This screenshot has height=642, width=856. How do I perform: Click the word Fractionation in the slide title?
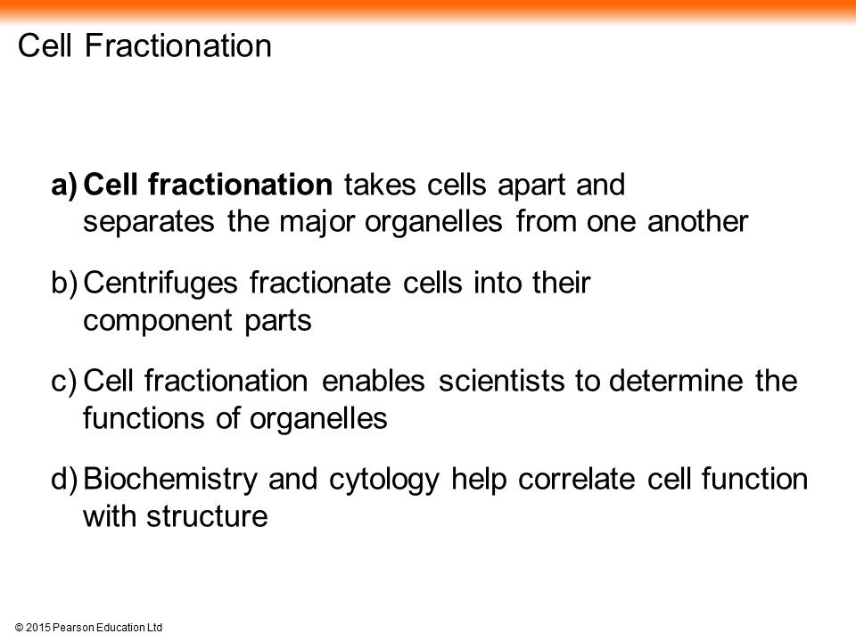(x=178, y=45)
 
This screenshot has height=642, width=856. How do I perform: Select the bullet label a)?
(x=64, y=185)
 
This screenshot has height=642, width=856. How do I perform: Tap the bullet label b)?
(x=64, y=284)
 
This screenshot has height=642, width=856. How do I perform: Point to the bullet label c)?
(x=64, y=381)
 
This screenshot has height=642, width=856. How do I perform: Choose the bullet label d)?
(x=64, y=480)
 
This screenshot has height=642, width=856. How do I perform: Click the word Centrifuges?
(x=160, y=284)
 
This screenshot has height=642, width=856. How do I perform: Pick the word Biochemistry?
(x=170, y=480)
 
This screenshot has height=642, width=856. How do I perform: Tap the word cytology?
(x=383, y=481)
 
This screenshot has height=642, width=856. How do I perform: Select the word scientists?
(x=501, y=381)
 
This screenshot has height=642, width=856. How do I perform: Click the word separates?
(x=149, y=223)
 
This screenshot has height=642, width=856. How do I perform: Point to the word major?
(x=317, y=223)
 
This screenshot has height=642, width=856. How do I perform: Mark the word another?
(x=697, y=222)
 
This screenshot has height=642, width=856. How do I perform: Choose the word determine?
(x=676, y=381)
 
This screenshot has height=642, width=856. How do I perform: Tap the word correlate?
(x=577, y=480)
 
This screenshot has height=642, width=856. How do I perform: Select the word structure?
(x=207, y=517)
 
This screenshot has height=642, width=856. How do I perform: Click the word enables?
(x=374, y=381)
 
